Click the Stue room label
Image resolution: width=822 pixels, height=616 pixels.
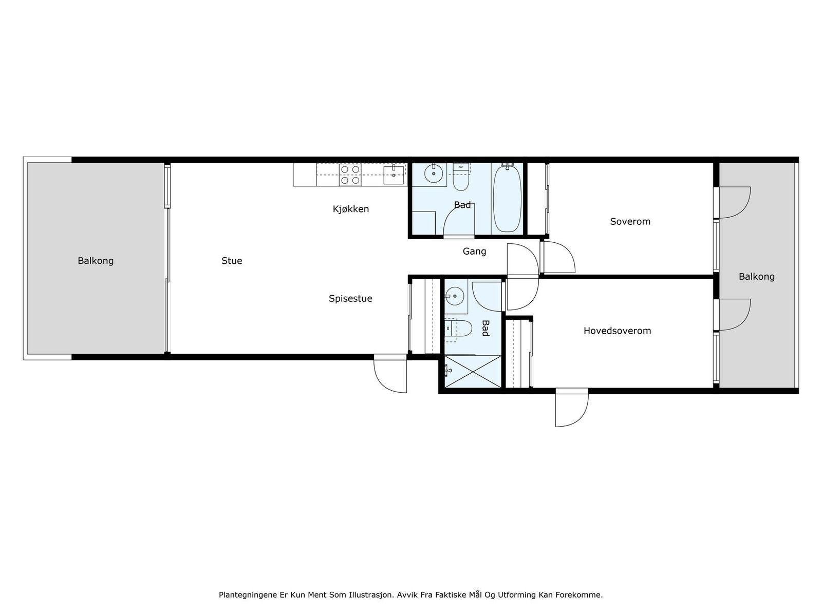231,261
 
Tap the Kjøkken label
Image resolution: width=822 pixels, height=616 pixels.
350,209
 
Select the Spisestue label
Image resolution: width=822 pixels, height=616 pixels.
350,298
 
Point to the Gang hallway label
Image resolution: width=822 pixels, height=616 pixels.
474,252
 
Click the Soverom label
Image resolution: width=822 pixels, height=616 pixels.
630,221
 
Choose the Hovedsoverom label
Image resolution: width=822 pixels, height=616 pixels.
617,331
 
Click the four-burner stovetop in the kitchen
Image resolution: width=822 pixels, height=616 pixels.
350,175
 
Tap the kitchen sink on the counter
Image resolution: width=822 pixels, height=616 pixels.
394,176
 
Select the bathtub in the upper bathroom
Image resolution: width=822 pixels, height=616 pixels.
507,198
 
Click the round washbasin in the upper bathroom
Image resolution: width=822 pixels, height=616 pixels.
434,174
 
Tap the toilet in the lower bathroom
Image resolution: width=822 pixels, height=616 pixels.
458,328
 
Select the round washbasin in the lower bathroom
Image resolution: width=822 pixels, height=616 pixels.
455,296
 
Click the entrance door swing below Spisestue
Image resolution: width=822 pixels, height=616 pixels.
390,374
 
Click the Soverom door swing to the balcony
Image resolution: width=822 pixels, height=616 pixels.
735,202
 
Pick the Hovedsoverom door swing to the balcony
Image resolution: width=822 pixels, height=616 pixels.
735,315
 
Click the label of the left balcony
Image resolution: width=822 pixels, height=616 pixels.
96,261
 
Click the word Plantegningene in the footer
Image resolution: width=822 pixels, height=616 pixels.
248,595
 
